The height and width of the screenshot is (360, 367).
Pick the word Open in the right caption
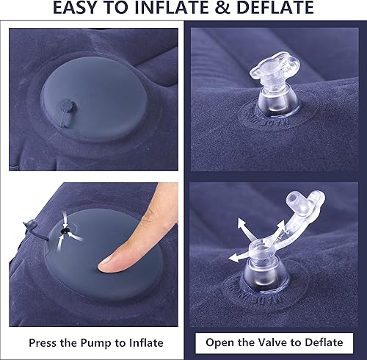click(219, 342)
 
